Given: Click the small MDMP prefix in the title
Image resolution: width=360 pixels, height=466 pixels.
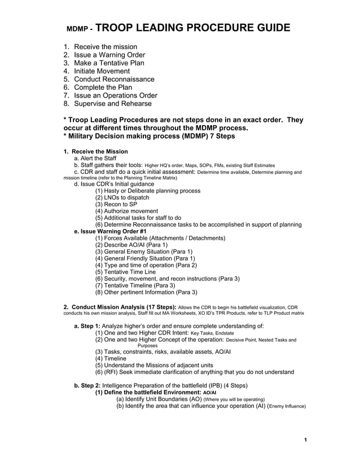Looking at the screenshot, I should [78, 29].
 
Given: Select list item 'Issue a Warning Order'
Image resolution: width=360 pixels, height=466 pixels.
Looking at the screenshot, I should [109, 55].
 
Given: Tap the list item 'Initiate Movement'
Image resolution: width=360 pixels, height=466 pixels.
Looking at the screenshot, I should [102, 71].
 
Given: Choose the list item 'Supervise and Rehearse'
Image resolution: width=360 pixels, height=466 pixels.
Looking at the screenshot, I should [112, 104].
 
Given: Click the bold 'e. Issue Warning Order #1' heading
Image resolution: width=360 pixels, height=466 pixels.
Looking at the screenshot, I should [111, 231].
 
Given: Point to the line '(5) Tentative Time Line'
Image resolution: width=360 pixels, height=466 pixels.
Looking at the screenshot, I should [125, 272].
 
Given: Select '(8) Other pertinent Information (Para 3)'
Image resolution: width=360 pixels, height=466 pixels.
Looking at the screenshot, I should [146, 292].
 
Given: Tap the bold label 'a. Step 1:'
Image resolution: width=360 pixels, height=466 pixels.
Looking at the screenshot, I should [87, 327].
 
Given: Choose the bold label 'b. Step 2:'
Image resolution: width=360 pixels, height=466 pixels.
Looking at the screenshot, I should [87, 386].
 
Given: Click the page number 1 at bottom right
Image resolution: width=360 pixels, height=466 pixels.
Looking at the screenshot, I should [305, 440].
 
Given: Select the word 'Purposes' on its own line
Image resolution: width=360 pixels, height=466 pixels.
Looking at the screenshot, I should [148, 346].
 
